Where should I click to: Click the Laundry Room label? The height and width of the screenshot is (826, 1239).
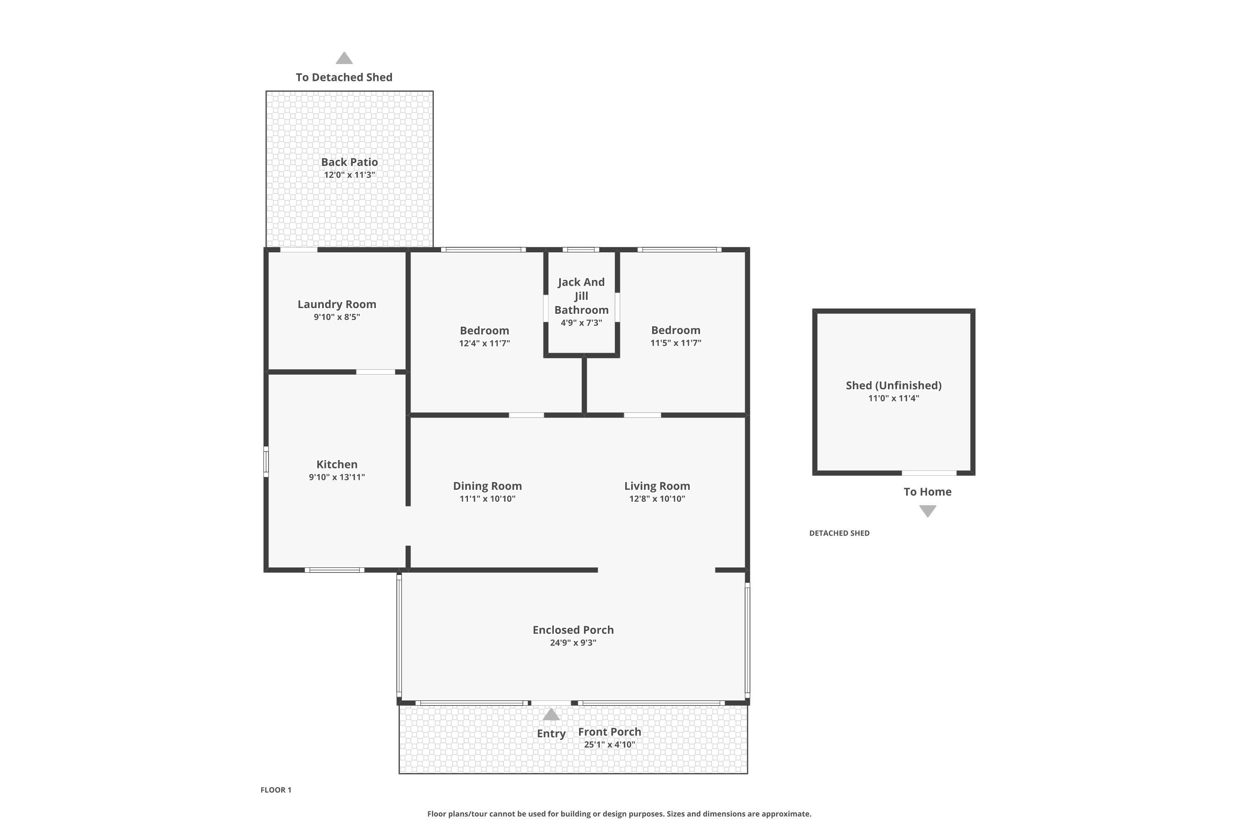pos(337,304)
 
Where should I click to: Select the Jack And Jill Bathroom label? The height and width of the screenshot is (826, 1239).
pos(581,296)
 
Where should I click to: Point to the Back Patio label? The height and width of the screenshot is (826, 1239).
pos(349,162)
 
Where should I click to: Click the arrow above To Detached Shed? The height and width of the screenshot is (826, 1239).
pos(344,58)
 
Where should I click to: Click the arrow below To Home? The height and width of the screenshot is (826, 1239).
pos(927,511)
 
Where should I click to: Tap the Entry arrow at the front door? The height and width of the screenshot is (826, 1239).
pos(551,714)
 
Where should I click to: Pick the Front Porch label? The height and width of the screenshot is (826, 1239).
pos(610,732)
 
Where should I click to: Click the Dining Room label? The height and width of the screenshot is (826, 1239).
pos(487,486)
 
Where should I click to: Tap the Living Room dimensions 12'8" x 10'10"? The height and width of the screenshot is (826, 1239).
pos(657,499)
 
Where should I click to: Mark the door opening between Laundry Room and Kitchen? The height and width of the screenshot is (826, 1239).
pos(375,372)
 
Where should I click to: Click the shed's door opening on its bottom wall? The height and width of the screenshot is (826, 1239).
pos(929,473)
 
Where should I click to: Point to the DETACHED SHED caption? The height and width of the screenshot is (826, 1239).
pos(839,533)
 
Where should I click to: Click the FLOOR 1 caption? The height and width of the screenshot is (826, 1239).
pos(275,790)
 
